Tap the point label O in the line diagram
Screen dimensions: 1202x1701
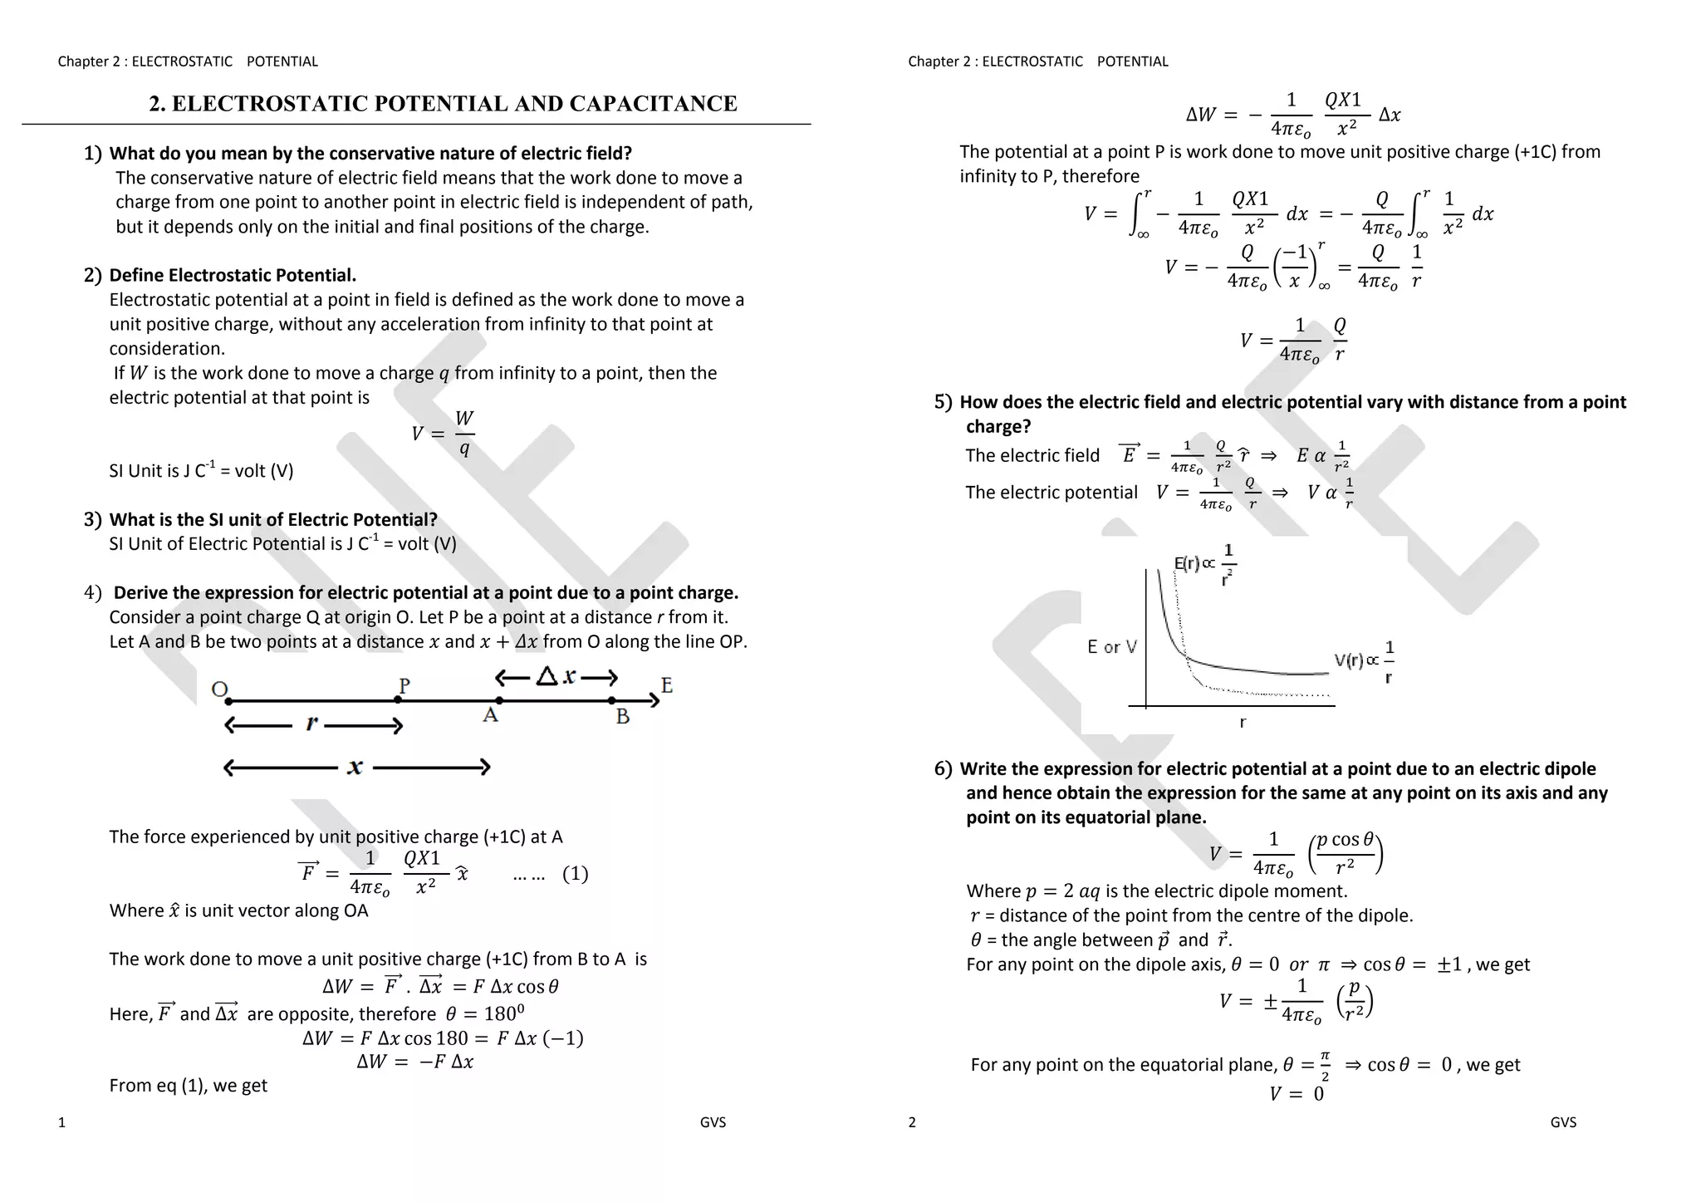click(x=219, y=689)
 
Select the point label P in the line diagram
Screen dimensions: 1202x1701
click(x=404, y=685)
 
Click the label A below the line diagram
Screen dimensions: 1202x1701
click(x=491, y=715)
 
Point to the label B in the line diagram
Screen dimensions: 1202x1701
click(x=623, y=716)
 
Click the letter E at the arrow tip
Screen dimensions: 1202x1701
click(x=667, y=685)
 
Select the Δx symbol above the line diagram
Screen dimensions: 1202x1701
click(x=556, y=676)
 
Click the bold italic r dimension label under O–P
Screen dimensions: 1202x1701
click(x=311, y=724)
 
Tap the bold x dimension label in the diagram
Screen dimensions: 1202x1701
click(x=355, y=767)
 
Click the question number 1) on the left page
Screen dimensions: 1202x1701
click(x=92, y=154)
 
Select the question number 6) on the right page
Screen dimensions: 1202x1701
click(x=943, y=769)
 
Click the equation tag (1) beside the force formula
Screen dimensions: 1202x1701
click(x=575, y=874)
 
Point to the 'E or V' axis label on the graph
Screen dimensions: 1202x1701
click(x=1111, y=647)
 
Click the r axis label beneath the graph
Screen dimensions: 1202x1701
click(x=1243, y=723)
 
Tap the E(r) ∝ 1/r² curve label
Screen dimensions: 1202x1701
click(x=1204, y=565)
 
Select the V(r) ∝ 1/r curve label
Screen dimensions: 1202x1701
click(x=1364, y=661)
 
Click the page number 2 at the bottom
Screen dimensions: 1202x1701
click(x=912, y=1122)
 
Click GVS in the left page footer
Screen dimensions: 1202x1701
click(x=713, y=1122)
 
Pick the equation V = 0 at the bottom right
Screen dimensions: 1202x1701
click(x=1296, y=1094)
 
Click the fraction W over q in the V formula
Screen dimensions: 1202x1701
click(x=464, y=434)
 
